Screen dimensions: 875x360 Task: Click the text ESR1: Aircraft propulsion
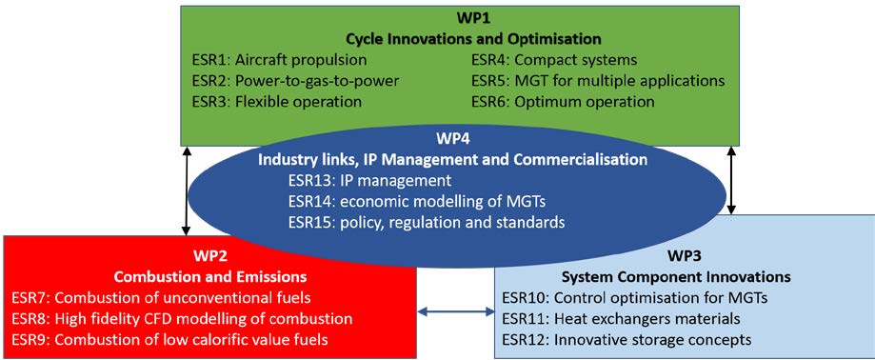[x=278, y=60]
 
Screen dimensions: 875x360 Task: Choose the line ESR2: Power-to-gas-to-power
[x=294, y=81]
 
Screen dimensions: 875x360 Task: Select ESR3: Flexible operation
[x=276, y=102]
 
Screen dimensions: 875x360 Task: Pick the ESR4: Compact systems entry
[x=554, y=60]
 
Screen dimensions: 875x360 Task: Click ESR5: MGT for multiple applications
[x=598, y=81]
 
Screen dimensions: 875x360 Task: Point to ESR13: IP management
[x=369, y=181]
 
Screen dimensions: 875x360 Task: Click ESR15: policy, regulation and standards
[x=428, y=222]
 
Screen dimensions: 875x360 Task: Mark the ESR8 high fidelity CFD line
[x=182, y=319]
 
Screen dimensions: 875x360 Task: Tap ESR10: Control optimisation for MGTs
[x=634, y=297]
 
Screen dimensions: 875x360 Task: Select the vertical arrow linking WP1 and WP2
[x=187, y=190]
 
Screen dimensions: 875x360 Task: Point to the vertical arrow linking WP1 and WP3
[x=732, y=181]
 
